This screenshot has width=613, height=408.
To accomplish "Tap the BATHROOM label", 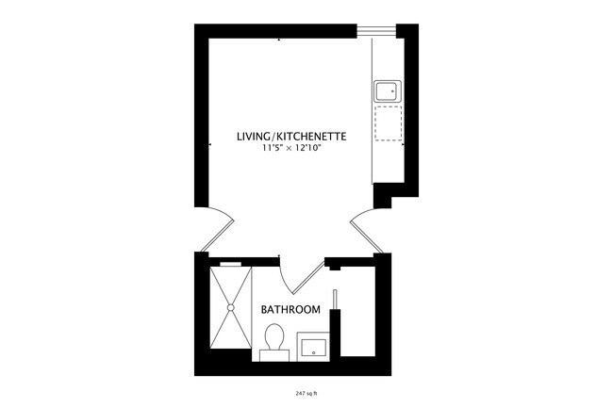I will coord(290,309).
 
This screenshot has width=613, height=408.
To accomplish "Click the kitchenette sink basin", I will coord(387,90).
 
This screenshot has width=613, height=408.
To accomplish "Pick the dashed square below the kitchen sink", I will coord(387,122).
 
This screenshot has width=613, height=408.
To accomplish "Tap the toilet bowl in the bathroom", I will coord(274,335).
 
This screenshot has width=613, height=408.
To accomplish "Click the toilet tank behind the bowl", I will coord(274,353).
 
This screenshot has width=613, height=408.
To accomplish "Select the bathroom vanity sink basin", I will coord(313,345).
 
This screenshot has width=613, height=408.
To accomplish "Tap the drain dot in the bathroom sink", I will coord(313,351).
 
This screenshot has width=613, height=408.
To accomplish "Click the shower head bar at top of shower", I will coord(230,265).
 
